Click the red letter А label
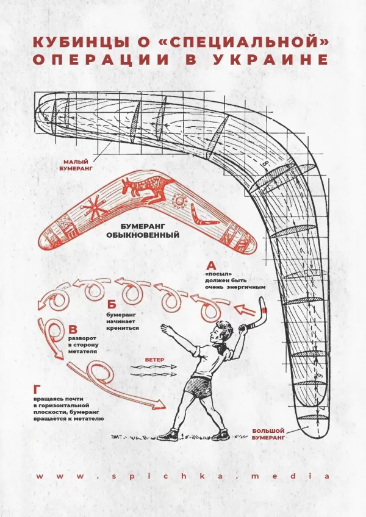pyautogui.click(x=211, y=266)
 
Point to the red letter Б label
pyautogui.click(x=111, y=304)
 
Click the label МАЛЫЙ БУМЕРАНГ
pyautogui.click(x=78, y=165)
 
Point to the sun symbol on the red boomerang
pyautogui.click(x=178, y=200)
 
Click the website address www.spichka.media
pyautogui.click(x=183, y=476)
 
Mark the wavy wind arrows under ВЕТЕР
pyautogui.click(x=152, y=371)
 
